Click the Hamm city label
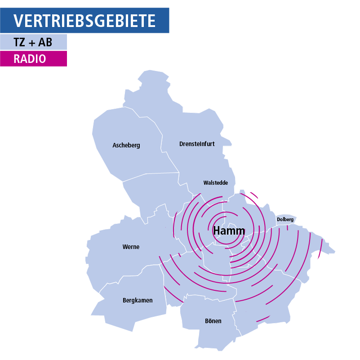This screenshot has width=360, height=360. click(229, 231)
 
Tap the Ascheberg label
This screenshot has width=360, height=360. click(126, 145)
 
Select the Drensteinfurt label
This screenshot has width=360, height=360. click(197, 144)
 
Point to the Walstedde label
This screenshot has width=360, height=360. click(216, 183)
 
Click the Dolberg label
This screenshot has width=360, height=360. click(285, 219)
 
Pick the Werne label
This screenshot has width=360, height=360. click(131, 247)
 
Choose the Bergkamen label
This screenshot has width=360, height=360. click(138, 300)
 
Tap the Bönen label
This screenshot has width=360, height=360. click(213, 321)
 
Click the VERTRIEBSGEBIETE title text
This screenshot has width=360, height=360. click(84, 21)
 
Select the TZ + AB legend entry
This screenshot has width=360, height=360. click(33, 42)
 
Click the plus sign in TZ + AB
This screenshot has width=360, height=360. click(33, 43)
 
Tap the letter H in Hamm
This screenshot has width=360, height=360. click(217, 231)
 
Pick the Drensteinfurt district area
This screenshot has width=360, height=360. click(193, 126)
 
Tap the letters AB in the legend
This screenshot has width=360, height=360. click(45, 43)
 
